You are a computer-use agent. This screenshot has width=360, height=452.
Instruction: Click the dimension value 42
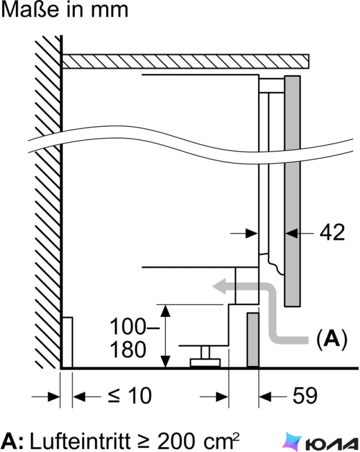tap(332, 233)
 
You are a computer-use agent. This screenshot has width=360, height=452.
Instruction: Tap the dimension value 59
tap(305, 396)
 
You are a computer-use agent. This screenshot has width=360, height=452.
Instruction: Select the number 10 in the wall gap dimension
tap(140, 396)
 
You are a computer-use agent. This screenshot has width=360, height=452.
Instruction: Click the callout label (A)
tap(332, 339)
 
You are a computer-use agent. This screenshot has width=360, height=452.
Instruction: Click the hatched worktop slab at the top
tap(186, 61)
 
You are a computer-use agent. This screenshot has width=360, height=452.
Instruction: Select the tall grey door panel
tap(292, 191)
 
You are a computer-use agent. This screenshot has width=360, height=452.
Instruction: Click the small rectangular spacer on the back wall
tap(67, 342)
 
